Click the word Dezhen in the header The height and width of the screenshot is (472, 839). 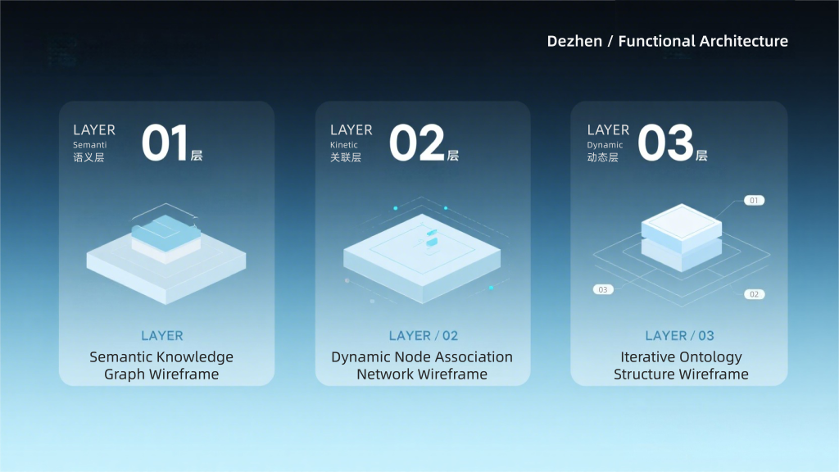(574, 41)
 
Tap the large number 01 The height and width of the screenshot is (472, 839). (164, 143)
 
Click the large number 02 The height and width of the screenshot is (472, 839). (417, 143)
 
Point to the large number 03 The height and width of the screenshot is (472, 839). (665, 143)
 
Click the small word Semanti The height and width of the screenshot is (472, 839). (90, 145)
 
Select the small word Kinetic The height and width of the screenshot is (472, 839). (344, 145)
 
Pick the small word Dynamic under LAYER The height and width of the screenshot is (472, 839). (605, 145)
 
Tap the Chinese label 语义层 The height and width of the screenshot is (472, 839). (88, 157)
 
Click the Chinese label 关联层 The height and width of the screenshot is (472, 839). (346, 157)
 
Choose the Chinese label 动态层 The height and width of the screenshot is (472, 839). (602, 157)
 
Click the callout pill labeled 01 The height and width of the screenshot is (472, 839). (754, 201)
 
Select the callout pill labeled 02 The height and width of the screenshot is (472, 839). (754, 294)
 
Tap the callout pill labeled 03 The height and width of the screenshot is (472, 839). (603, 289)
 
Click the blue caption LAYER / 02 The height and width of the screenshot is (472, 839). (424, 335)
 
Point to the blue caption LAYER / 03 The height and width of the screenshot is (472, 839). (679, 335)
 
